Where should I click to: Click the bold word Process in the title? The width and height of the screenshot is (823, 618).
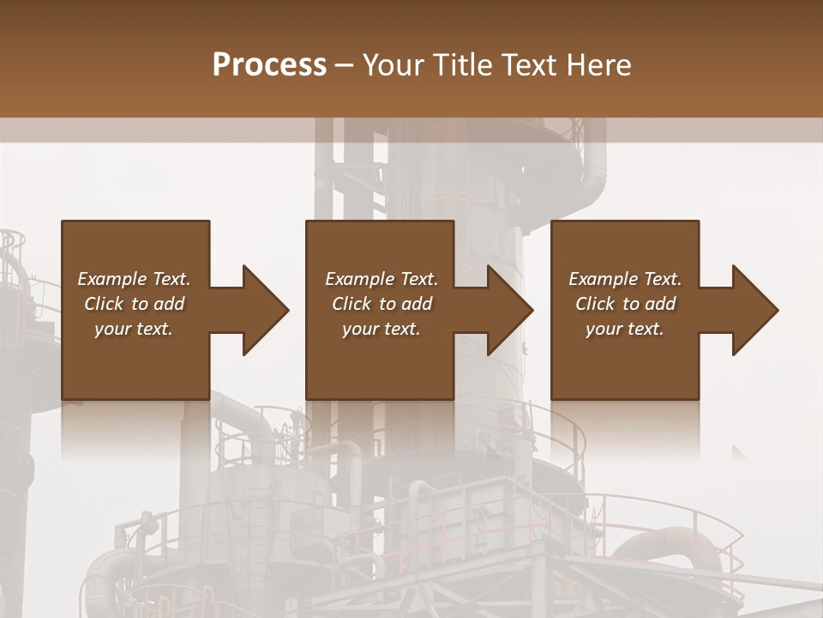269,65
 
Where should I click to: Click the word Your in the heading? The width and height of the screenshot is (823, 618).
394,65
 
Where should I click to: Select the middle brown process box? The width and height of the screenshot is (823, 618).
380,369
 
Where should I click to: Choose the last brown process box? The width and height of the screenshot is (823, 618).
624,369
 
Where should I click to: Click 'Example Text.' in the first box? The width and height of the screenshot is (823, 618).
134,279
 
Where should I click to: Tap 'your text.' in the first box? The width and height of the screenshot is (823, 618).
134,329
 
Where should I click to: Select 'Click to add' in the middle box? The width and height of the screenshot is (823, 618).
381,304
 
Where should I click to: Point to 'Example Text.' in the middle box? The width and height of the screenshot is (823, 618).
381,279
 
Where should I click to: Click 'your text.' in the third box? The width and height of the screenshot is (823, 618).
625,329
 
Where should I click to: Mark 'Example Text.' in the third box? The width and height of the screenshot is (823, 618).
625,279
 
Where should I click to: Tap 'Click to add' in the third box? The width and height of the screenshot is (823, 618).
625,304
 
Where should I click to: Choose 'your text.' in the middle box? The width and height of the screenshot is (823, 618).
381,329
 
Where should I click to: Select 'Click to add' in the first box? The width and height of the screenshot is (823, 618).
134,304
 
